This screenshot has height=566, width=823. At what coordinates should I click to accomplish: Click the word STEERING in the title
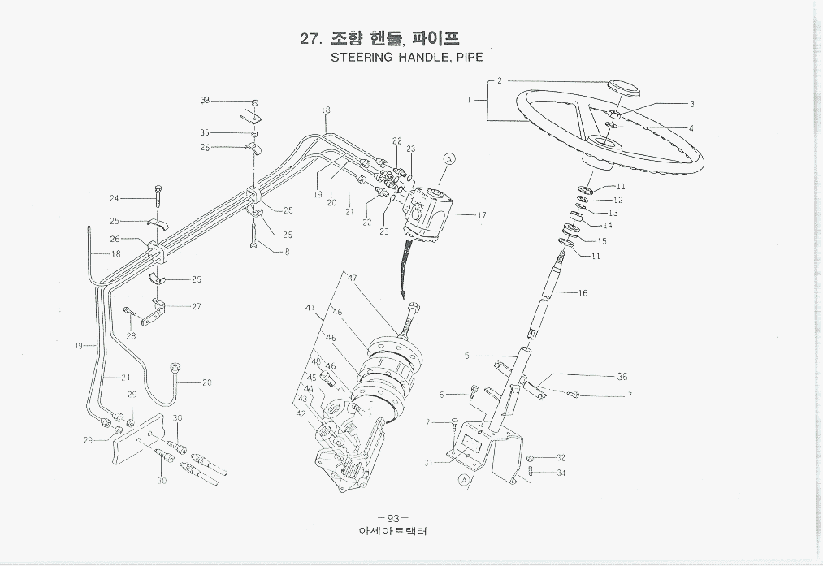[362, 58]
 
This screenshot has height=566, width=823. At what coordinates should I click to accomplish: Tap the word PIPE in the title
[468, 58]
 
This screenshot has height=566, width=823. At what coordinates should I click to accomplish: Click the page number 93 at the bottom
[392, 519]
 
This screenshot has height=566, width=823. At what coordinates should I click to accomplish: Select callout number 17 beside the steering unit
[481, 215]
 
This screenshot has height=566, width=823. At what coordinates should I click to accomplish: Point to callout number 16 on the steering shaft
[582, 293]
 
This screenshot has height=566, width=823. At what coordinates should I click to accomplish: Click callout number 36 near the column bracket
[622, 377]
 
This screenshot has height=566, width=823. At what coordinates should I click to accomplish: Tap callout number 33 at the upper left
[205, 100]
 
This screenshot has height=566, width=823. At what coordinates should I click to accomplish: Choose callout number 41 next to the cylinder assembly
[310, 308]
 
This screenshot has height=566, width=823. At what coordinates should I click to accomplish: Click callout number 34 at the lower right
[561, 473]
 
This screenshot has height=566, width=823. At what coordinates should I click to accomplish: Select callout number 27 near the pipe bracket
[196, 306]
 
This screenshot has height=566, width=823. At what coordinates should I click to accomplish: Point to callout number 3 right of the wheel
[691, 104]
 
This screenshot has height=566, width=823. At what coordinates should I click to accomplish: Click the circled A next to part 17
[450, 159]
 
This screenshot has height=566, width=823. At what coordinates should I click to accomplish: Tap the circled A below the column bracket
[464, 481]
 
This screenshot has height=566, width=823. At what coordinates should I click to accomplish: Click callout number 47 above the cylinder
[353, 278]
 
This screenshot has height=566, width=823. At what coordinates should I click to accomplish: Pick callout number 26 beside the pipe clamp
[115, 239]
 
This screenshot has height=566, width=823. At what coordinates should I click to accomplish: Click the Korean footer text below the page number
[392, 532]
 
